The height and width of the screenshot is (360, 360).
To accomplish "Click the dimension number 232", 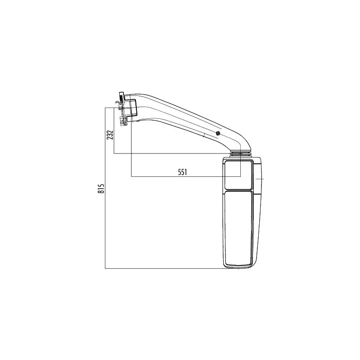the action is [x=110, y=135].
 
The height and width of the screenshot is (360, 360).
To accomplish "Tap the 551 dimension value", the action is [x=183, y=172].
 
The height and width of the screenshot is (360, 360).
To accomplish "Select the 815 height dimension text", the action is [x=101, y=188].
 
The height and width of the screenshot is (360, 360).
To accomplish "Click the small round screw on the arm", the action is [x=218, y=133].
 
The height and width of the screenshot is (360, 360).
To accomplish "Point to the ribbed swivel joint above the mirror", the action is [x=241, y=153].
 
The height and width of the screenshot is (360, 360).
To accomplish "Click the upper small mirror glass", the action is [x=238, y=175].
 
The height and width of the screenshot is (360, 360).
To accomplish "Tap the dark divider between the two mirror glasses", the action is [x=238, y=190].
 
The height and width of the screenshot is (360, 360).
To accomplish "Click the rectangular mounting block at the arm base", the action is [x=132, y=107].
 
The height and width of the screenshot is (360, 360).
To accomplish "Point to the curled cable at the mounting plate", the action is [x=117, y=103].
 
